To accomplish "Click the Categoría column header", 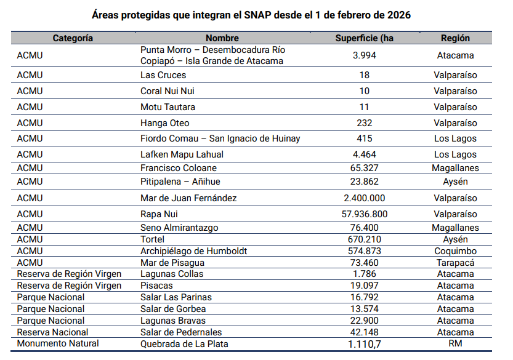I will coord(73,38).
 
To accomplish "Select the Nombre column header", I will coord(222,38).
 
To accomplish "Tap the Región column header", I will coord(455,38).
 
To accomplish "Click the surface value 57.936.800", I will coord(365,214).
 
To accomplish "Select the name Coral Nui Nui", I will coord(168,91).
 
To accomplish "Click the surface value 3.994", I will coord(365,55).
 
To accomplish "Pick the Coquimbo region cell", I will coord(455,251).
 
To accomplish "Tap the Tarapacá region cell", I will coord(455,263).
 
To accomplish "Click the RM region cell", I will coord(455,344).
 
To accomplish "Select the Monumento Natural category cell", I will coord(58,344).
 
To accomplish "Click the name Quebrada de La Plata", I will coord(184,344).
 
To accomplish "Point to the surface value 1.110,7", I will coord(365,344).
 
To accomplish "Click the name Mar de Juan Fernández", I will coord(188,198).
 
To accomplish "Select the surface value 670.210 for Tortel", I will coord(365,239).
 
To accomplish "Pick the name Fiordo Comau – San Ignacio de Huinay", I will coord(220,138).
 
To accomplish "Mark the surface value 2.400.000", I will coord(365,198).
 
